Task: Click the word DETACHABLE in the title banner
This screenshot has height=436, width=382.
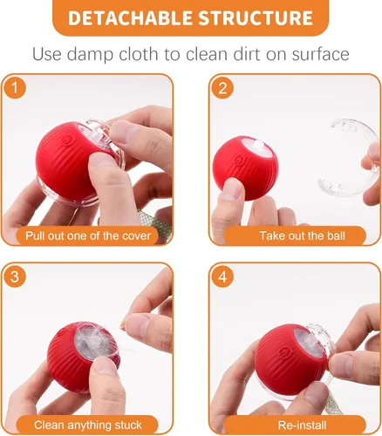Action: [130, 18]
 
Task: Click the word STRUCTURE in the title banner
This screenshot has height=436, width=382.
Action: [255, 18]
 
